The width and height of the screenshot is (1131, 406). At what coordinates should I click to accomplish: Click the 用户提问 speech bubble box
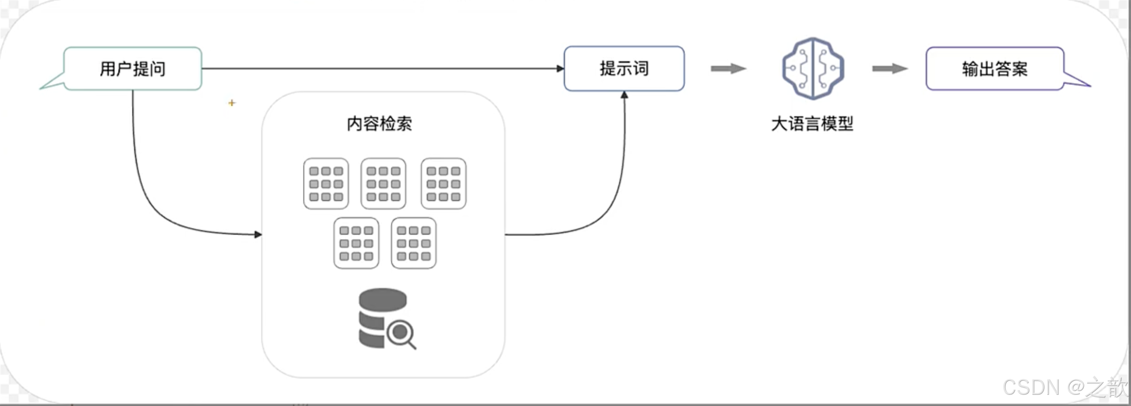point(133,69)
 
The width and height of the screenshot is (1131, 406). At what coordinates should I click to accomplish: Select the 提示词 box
point(624,69)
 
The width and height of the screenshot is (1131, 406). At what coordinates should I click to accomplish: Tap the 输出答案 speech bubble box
point(995,69)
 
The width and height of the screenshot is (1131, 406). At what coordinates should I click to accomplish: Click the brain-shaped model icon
point(813,68)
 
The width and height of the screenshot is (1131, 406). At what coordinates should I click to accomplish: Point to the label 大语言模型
point(812,124)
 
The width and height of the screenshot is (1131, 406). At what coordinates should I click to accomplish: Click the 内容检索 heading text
point(379,124)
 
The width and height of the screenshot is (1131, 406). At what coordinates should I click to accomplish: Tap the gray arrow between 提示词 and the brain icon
point(728,69)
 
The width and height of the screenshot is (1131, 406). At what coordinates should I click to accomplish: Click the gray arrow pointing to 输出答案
point(889,69)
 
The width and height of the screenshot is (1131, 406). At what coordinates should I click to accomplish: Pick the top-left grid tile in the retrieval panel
point(326,183)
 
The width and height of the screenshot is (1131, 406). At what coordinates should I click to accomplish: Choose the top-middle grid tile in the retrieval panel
point(383,183)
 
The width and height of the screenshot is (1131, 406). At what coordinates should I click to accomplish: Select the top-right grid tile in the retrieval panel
point(443,183)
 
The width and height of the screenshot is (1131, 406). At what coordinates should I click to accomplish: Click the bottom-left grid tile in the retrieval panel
point(356,243)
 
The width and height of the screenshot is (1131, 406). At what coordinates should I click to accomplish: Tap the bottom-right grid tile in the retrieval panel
point(414,243)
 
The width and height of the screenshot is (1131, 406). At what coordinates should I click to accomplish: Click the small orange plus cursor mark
point(232,103)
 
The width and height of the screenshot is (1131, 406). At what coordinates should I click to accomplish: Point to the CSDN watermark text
point(1065,387)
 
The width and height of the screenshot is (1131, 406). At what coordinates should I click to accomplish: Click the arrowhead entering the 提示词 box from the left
point(560,69)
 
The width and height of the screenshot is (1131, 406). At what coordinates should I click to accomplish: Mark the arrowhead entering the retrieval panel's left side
point(258,234)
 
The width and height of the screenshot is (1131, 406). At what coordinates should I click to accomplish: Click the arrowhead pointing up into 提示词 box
point(624,95)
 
